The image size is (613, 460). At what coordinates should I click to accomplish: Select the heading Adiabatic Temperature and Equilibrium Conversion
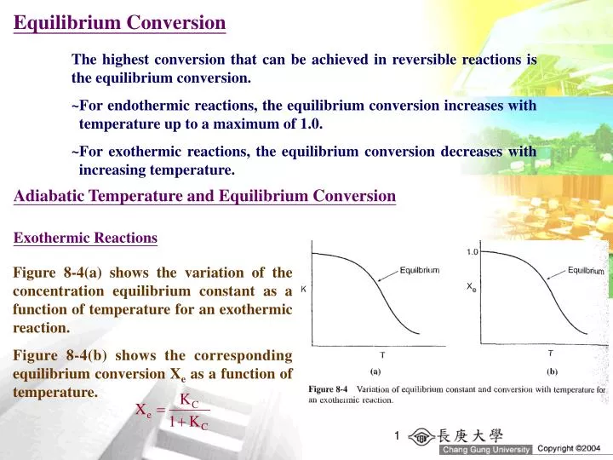click(205, 197)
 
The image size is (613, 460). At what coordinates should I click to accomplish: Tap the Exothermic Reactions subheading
click(85, 239)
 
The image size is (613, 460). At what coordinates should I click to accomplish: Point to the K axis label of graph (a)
click(304, 290)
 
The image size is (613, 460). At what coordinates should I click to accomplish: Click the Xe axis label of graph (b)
click(472, 287)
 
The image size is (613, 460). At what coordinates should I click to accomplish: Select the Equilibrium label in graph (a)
click(420, 271)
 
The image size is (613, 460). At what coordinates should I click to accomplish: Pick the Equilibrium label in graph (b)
click(586, 271)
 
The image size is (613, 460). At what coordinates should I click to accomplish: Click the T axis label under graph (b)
click(550, 352)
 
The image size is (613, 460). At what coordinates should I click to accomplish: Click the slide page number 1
click(397, 437)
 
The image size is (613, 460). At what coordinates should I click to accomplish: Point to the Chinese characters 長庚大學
click(478, 434)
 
